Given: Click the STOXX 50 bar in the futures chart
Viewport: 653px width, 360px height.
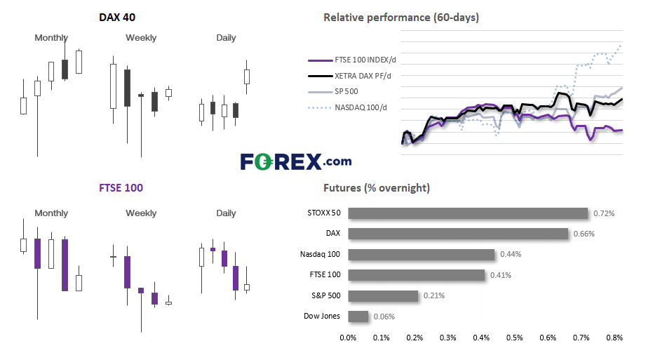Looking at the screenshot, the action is pyautogui.click(x=468, y=213).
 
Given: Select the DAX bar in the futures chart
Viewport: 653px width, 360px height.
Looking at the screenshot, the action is pyautogui.click(x=458, y=234).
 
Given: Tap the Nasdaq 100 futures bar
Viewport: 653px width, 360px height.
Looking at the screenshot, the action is pyautogui.click(x=422, y=254).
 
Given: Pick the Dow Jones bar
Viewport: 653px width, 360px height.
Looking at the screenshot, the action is pyautogui.click(x=358, y=316).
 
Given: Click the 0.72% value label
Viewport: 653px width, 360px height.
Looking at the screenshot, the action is pyautogui.click(x=604, y=213).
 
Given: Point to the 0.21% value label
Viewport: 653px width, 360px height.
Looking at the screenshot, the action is pyautogui.click(x=434, y=295).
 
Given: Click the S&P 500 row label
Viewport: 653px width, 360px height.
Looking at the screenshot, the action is pyautogui.click(x=325, y=295).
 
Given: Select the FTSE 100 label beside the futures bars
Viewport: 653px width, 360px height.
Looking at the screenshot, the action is pyautogui.click(x=325, y=274).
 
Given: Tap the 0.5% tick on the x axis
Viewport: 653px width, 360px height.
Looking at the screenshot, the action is pyautogui.click(x=514, y=338).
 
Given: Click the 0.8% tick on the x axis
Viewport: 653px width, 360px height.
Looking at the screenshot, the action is pyautogui.click(x=614, y=338).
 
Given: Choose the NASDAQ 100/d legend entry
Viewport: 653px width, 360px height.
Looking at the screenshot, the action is pyautogui.click(x=347, y=107).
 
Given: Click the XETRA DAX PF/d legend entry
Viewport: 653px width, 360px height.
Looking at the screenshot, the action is pyautogui.click(x=349, y=76).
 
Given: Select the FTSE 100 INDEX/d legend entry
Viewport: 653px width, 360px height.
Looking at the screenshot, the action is pyautogui.click(x=352, y=60).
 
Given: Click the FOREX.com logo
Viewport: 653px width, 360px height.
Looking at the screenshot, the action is pyautogui.click(x=296, y=161).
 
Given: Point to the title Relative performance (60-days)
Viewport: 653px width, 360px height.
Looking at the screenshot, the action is pyautogui.click(x=401, y=18).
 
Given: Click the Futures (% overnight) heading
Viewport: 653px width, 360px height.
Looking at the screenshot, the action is pyautogui.click(x=377, y=188).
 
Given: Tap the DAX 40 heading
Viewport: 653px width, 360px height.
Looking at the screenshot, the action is pyautogui.click(x=117, y=18).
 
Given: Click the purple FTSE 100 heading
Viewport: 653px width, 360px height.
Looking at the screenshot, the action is pyautogui.click(x=121, y=188).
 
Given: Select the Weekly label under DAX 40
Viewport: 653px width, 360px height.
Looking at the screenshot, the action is pyautogui.click(x=141, y=38).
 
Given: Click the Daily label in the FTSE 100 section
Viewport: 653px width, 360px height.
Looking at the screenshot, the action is pyautogui.click(x=226, y=213).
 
